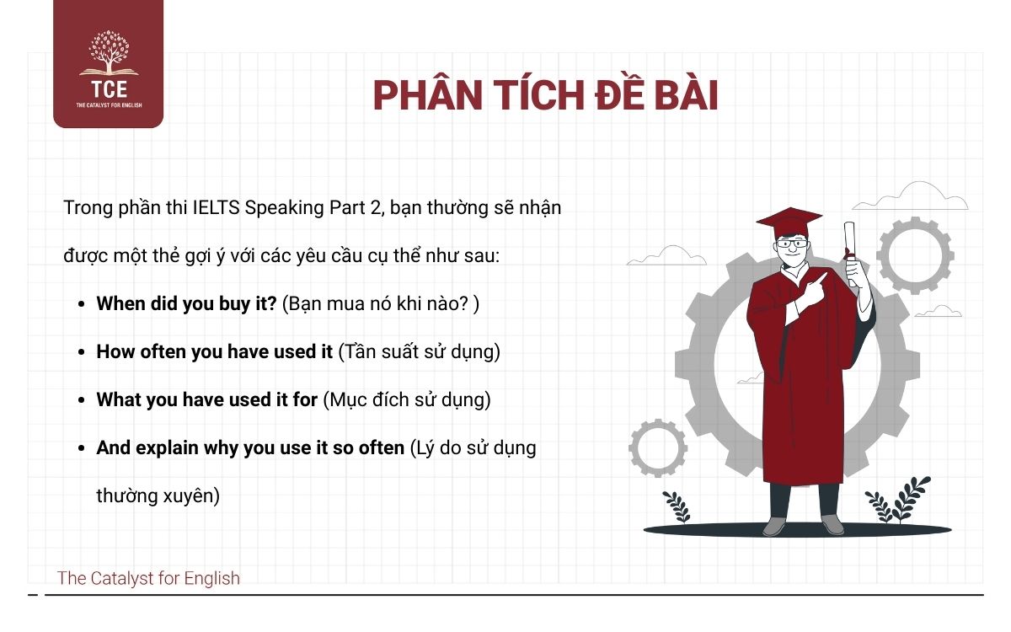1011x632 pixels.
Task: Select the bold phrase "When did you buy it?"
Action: point(187,303)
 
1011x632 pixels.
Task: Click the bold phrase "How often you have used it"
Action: point(215,351)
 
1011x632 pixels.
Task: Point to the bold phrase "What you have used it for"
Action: point(207,399)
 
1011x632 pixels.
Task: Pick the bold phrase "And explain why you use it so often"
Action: point(250,447)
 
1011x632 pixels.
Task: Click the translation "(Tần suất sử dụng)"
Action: point(419,351)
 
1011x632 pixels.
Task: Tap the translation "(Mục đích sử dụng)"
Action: point(406,399)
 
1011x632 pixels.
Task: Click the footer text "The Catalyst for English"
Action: point(148,578)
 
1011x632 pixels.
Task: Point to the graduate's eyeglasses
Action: point(791,244)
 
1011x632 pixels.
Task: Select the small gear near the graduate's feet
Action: point(658,448)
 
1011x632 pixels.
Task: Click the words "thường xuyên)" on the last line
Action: point(158,495)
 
